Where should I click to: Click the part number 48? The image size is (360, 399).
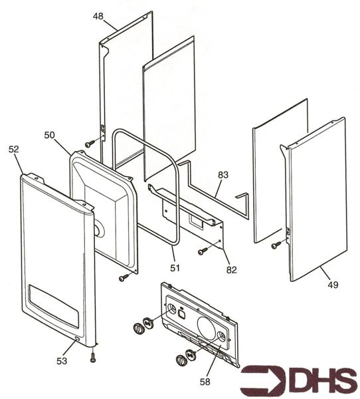coord(98,16)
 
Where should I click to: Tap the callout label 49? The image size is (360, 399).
coord(333,285)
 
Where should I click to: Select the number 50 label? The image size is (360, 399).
coord(49,135)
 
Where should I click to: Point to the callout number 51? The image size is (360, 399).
coord(175,268)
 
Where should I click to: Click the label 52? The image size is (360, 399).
coord(14,150)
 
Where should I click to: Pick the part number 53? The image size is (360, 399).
coord(62,361)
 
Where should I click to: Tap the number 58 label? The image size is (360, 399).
coord(205,382)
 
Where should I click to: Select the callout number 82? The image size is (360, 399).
coord(231,270)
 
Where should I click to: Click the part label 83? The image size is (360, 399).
coord(223,175)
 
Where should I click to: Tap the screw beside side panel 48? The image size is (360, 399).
coord(90,144)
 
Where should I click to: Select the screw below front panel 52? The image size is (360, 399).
coord(93,358)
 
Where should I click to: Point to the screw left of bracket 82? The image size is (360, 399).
coord(203,251)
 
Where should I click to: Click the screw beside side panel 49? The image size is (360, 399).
coord(276,245)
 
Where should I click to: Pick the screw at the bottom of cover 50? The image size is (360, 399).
coord(124,278)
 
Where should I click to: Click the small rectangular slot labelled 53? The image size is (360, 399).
coord(77,338)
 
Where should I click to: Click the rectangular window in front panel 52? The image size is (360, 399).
coord(53,306)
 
